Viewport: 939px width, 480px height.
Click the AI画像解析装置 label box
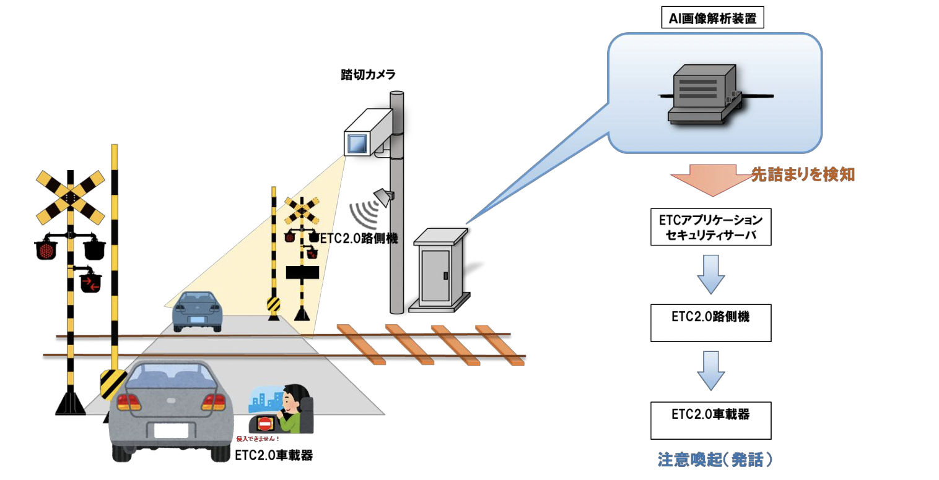[x=712, y=19]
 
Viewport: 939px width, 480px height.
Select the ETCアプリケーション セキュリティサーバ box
[x=710, y=227]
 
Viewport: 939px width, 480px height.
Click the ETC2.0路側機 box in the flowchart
[x=710, y=322]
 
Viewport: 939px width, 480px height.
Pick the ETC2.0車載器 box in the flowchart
[x=710, y=420]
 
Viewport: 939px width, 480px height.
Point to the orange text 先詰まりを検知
[x=803, y=175]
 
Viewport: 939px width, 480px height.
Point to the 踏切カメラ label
[x=368, y=75]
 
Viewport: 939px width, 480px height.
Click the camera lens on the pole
[x=357, y=144]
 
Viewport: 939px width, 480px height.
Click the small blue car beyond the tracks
[x=196, y=311]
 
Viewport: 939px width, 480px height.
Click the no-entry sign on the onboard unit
[x=264, y=424]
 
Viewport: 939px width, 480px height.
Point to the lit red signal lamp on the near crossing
[x=45, y=250]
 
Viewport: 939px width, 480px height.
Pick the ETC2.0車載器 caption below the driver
[x=274, y=456]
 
